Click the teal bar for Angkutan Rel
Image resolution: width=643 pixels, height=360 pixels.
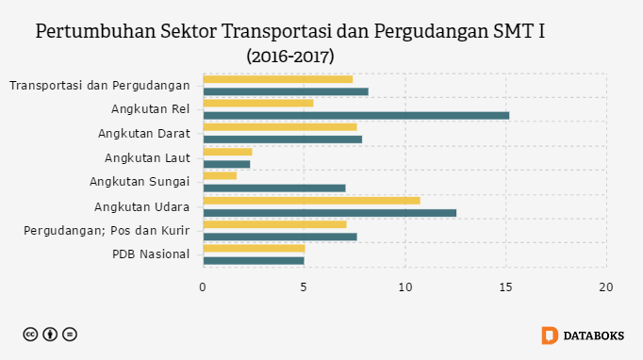point(356,116)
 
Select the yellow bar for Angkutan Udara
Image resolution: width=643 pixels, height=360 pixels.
point(312,201)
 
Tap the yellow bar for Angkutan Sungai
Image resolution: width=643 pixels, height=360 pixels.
point(220,176)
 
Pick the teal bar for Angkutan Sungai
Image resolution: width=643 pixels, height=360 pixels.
point(274,188)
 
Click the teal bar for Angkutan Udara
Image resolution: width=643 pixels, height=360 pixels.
point(330,213)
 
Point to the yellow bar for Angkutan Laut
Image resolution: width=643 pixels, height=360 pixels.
point(227,152)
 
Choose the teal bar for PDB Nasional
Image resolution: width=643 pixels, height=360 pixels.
point(254,261)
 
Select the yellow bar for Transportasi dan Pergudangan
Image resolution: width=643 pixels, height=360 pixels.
point(278,79)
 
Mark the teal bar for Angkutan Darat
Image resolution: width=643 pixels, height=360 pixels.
point(283,139)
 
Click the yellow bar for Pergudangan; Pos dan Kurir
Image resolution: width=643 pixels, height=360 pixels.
point(274,224)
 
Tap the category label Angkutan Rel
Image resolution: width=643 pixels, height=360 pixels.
point(151,109)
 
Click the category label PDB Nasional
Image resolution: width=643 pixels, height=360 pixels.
point(151,254)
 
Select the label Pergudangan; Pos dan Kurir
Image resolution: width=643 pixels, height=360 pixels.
point(107,231)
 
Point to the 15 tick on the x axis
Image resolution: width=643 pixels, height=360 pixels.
point(505,287)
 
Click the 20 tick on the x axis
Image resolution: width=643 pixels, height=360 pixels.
point(606,287)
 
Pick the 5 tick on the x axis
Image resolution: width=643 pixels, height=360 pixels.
point(304,287)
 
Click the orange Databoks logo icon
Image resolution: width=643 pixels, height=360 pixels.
point(550,335)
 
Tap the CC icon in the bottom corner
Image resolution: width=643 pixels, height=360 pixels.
point(30,335)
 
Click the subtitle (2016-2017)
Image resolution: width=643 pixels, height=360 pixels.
point(290,57)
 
